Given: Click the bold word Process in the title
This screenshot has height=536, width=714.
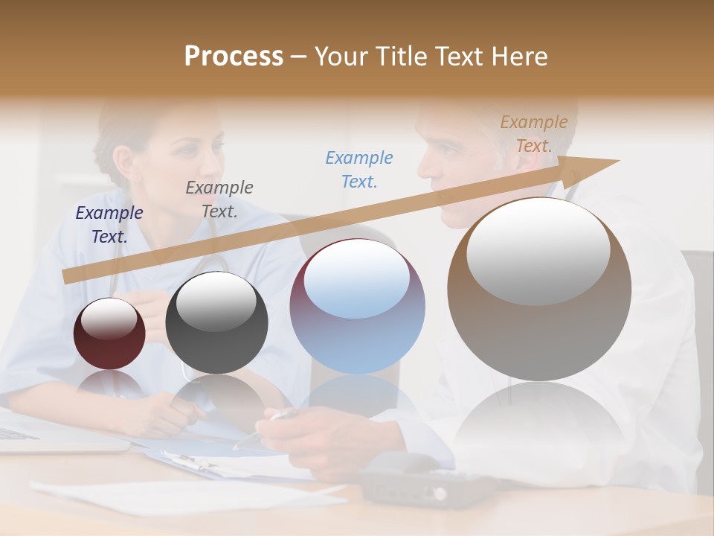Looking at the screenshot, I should [x=234, y=57].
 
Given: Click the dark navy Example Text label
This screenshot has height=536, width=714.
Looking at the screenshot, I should [x=109, y=225].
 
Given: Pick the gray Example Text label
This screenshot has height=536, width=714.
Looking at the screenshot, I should [x=219, y=200].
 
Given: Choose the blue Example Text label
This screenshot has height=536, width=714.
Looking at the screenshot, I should [x=359, y=169].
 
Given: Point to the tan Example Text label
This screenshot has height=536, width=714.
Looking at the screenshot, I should [x=534, y=134].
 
